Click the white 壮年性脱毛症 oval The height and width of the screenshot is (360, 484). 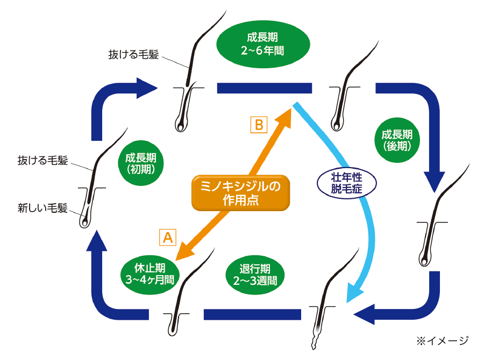pyautogui.click(x=346, y=182)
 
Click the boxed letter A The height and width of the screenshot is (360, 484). pyautogui.click(x=167, y=237)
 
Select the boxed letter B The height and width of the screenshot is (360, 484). pyautogui.click(x=259, y=125)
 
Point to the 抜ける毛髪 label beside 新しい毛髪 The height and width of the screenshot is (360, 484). pyautogui.click(x=43, y=160)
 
